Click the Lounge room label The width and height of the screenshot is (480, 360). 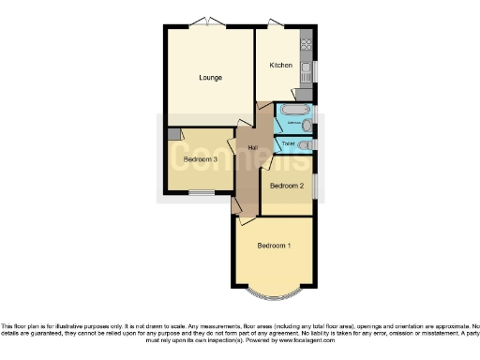point(209,77)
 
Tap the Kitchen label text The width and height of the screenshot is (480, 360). point(281,65)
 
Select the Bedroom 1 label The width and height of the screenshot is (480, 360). point(274,246)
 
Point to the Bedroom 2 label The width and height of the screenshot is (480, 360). point(287,186)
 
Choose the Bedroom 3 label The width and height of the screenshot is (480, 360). point(200,159)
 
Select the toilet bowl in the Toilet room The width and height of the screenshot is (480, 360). point(306,144)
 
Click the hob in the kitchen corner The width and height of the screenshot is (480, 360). point(306,43)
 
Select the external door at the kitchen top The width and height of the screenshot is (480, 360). point(274,23)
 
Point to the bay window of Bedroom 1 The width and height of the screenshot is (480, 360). point(274,292)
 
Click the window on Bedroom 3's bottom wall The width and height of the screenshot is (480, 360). point(201,193)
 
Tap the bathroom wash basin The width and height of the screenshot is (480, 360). point(307,125)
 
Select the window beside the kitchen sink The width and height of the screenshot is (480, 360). point(316,70)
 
